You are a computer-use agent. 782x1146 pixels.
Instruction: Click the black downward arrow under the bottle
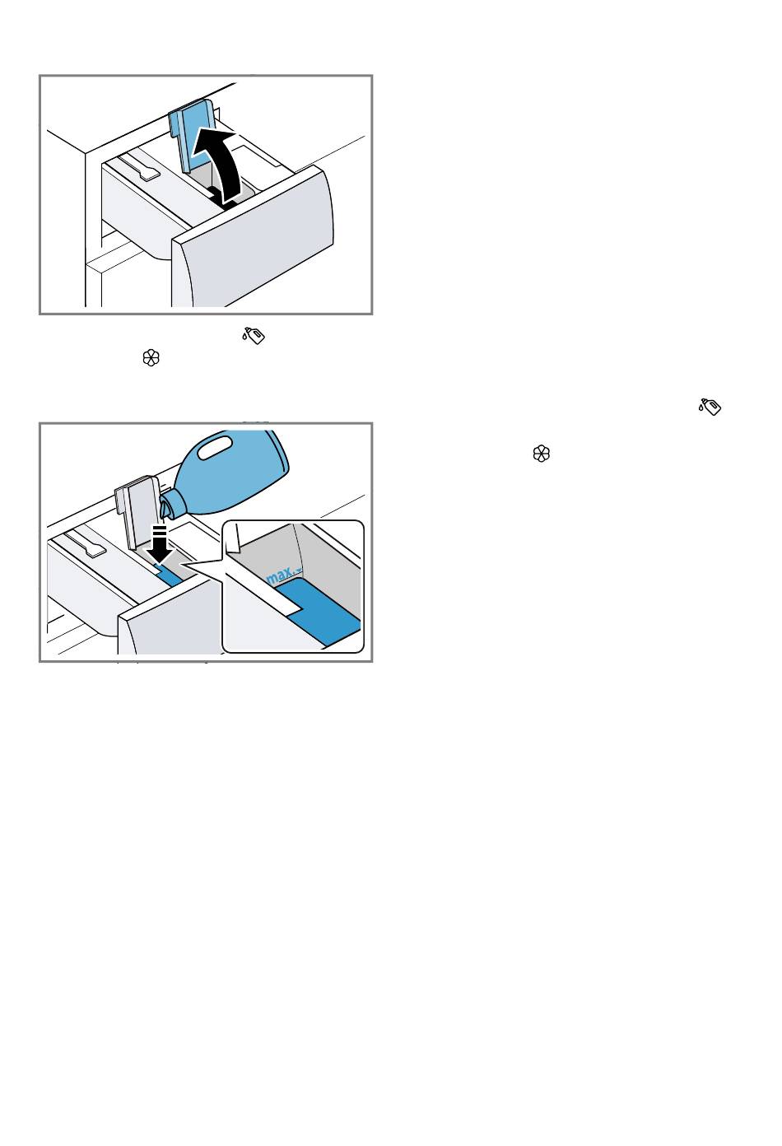coord(161,544)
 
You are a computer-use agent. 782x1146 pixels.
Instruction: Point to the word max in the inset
coord(280,576)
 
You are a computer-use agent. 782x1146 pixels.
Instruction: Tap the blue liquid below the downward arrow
coord(168,576)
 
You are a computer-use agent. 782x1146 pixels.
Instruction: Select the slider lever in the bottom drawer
coord(86,544)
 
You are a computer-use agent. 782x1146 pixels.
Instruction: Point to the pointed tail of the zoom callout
coord(182,564)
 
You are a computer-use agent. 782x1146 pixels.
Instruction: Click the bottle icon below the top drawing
coord(254,335)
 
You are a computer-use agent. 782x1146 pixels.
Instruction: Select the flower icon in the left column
coord(151,358)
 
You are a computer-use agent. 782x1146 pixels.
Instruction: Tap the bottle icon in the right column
coord(710,407)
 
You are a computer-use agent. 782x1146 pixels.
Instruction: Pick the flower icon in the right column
coord(541,454)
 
